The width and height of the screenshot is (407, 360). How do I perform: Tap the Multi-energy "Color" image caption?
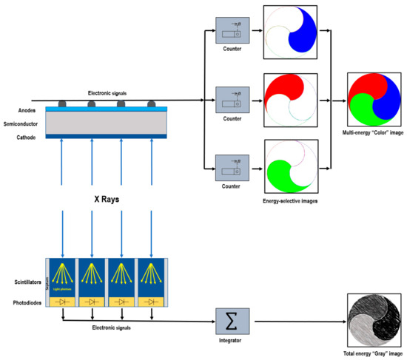(372, 134)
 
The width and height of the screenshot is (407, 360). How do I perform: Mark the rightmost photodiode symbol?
(152, 302)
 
